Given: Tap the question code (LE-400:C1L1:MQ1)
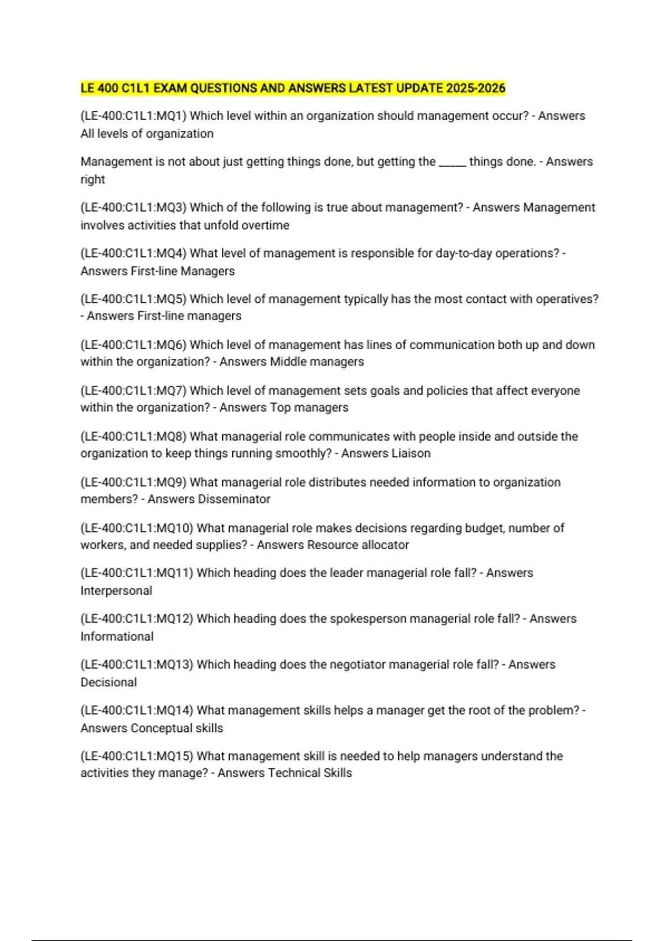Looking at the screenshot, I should tap(133, 116).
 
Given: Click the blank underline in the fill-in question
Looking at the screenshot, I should tap(452, 162).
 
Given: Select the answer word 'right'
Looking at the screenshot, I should tap(92, 179).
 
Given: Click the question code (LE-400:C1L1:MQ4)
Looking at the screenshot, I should tap(133, 253).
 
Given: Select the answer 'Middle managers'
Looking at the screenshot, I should tap(317, 361).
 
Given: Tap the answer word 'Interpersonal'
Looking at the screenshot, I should tap(116, 591).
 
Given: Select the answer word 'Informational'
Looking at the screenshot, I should tap(117, 637).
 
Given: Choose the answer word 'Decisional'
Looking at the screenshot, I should tap(108, 683).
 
